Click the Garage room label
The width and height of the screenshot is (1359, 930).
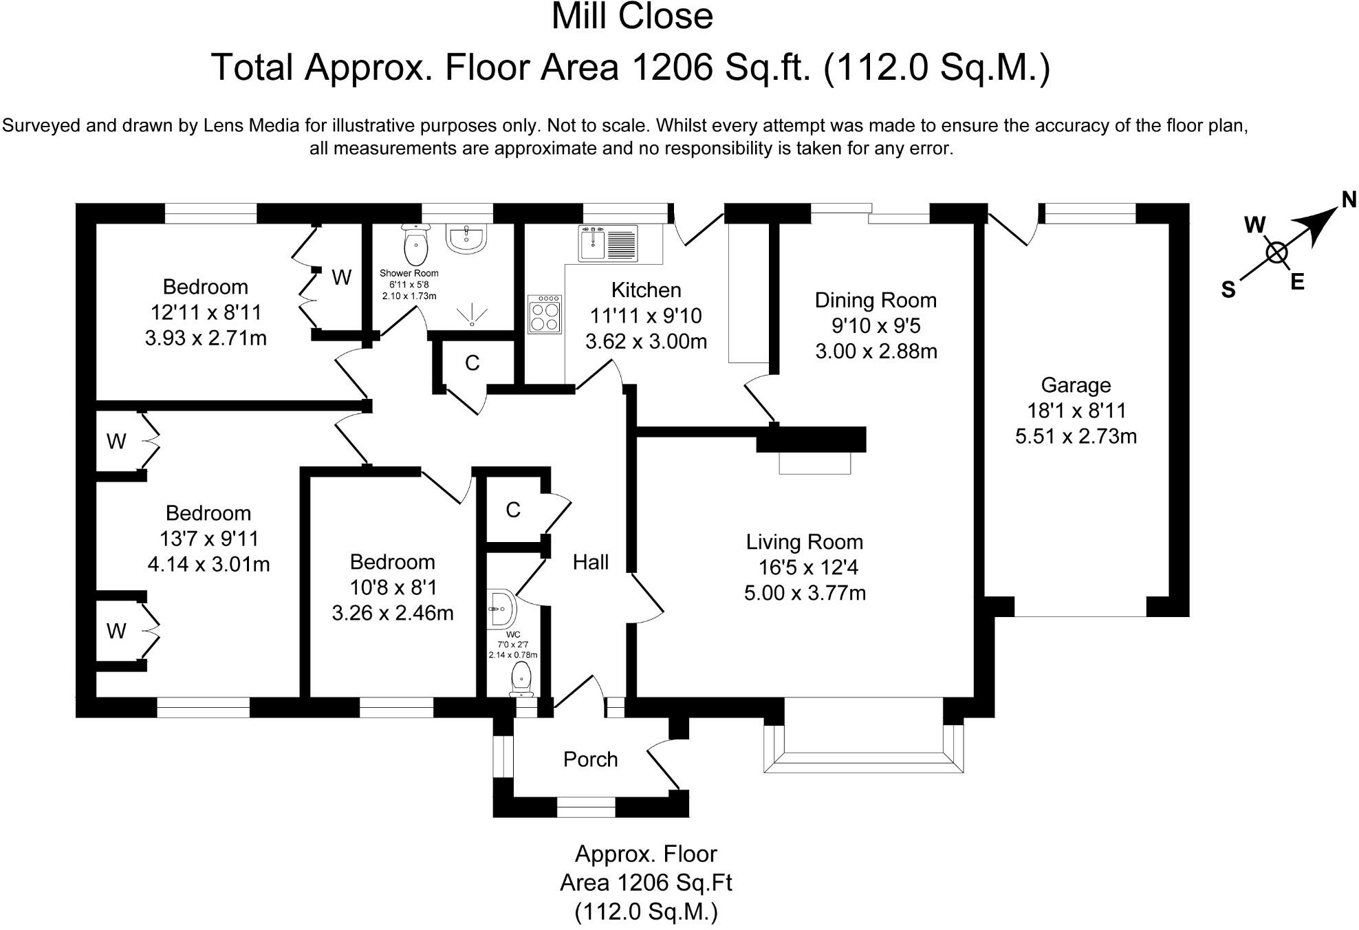[x=1076, y=385]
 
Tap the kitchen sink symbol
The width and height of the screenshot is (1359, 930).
[x=608, y=243]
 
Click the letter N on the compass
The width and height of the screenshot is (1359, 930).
[x=1349, y=199]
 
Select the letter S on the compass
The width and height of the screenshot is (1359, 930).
[x=1228, y=290]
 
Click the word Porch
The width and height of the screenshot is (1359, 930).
[x=590, y=759]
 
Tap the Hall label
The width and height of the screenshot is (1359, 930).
[x=591, y=563]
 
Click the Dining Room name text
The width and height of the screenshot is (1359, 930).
[x=876, y=300]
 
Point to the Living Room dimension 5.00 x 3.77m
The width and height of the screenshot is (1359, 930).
[x=805, y=592]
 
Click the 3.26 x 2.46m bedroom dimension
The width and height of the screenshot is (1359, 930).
[x=393, y=612]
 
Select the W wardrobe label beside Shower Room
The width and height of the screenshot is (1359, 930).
[x=342, y=277]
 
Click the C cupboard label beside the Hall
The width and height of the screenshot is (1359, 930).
[x=513, y=510]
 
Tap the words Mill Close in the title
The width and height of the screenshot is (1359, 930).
[x=632, y=17]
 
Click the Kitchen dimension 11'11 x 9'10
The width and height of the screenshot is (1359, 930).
[x=646, y=316]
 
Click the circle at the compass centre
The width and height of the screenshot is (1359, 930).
[x=1276, y=253]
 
